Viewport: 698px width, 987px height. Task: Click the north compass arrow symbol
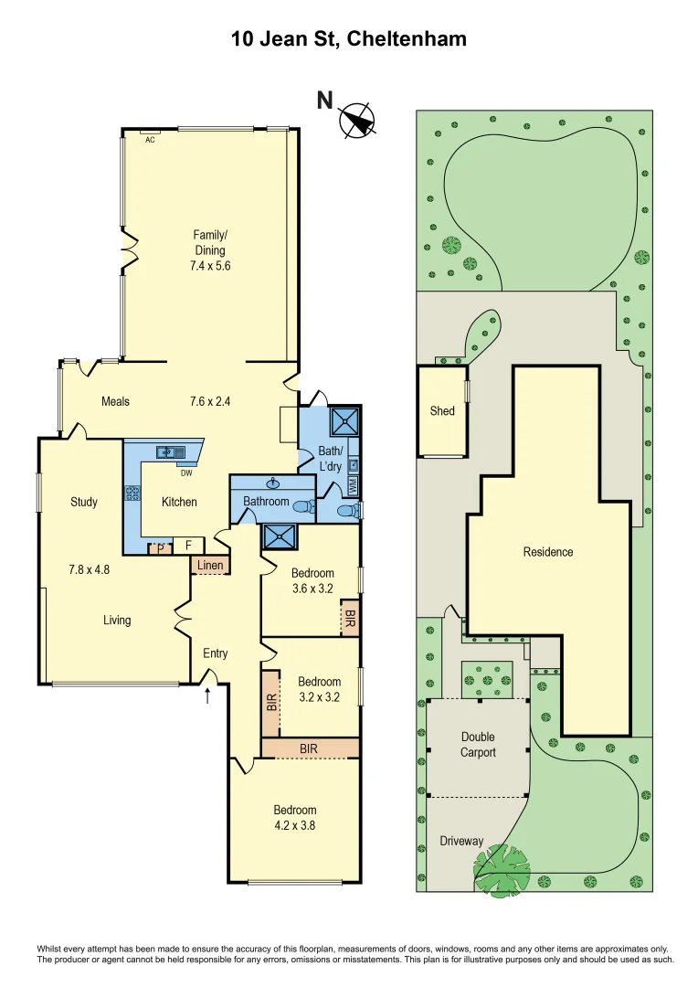coord(357,120)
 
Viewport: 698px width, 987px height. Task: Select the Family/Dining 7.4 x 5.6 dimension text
coord(208,266)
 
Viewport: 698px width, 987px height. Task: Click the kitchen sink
coord(169,451)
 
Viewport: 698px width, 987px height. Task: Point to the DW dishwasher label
coord(185,472)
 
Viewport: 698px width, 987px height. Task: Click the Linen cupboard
coord(210,566)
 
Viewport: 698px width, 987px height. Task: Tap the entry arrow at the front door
coord(207,695)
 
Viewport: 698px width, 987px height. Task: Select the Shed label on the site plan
coord(442,411)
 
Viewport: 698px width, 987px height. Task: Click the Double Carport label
coord(478,744)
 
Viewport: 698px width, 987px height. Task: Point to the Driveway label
coord(461,841)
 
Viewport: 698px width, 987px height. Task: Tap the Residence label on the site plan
coord(548,552)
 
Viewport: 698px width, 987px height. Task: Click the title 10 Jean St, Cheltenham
coord(348,38)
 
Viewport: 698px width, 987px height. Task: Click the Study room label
coord(83,502)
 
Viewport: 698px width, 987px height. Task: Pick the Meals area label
coord(115,401)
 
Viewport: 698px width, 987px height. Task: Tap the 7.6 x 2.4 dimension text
coord(210,401)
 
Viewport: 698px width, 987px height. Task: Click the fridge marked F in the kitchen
coord(188,546)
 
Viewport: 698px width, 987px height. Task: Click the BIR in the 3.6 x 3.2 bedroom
coord(348,618)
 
